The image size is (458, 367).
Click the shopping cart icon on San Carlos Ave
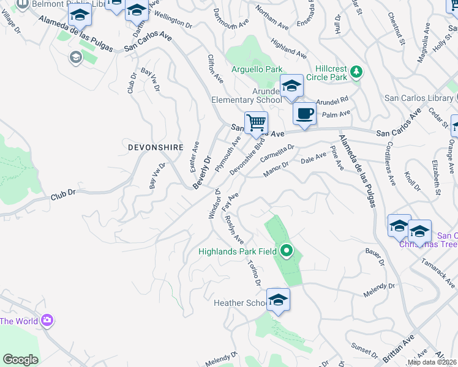click(x=256, y=123)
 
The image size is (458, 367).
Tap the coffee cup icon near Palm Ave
click(x=304, y=113)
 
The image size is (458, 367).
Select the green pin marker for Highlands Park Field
click(x=286, y=250)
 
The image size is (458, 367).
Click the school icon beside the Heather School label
click(x=278, y=300)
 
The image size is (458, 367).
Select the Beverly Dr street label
click(x=202, y=171)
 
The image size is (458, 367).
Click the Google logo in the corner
click(x=20, y=360)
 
